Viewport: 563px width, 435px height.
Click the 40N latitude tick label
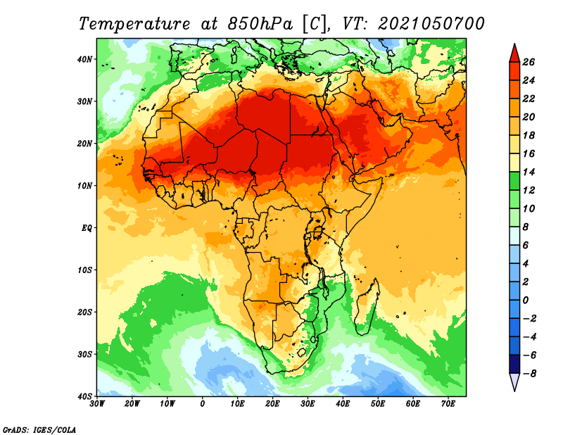click(84, 59)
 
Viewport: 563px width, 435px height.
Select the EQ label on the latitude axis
click(87, 228)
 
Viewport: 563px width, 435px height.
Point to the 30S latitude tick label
click(84, 355)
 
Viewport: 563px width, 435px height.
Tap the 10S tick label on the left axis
click(84, 270)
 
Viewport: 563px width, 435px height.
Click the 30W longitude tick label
click(97, 404)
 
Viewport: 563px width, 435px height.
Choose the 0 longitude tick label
click(202, 404)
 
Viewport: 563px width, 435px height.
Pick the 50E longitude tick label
click(378, 404)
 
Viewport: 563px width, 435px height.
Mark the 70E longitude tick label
click(448, 404)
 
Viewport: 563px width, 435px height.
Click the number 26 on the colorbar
click(529, 62)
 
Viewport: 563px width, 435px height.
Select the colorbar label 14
click(529, 172)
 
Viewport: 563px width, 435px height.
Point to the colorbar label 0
click(526, 301)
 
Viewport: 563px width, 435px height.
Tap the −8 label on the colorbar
click(529, 374)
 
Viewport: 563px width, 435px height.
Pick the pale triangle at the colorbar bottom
click(514, 381)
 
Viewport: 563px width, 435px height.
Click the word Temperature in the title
click(134, 24)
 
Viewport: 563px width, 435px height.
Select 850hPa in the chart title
click(260, 24)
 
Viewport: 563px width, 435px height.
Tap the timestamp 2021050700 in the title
click(431, 24)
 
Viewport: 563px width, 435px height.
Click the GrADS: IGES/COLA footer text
click(39, 430)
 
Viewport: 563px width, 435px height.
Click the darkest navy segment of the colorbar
click(514, 364)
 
